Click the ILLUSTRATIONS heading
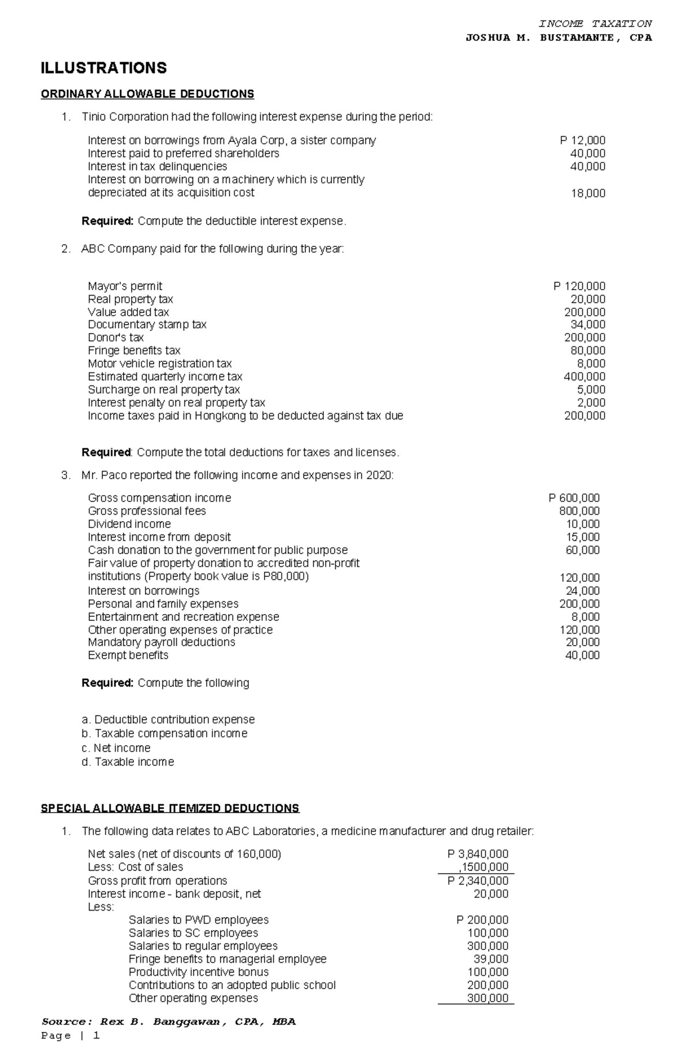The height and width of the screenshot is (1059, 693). (103, 68)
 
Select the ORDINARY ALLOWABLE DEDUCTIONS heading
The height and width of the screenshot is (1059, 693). (147, 93)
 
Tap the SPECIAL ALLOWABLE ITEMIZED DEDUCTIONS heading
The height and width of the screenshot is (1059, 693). (170, 808)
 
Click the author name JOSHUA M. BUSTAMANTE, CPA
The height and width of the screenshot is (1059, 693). (558, 38)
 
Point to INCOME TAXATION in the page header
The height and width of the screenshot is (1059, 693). (595, 24)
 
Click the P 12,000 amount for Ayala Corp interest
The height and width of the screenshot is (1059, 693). (582, 140)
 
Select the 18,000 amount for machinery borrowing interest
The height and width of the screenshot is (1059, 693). (588, 193)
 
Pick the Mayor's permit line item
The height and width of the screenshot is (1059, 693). (125, 286)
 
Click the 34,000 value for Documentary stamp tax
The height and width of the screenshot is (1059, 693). (588, 324)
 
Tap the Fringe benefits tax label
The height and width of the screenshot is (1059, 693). (134, 350)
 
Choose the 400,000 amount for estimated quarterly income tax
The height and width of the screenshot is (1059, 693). (584, 377)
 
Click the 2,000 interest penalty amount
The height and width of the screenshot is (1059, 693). (591, 403)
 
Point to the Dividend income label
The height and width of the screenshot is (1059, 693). (129, 524)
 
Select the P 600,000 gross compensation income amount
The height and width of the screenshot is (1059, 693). (573, 498)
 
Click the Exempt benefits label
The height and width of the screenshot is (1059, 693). (128, 655)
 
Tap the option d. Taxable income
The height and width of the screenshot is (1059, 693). (128, 762)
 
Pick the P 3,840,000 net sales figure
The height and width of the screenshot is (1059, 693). (478, 854)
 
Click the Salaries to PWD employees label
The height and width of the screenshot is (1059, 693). (198, 920)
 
